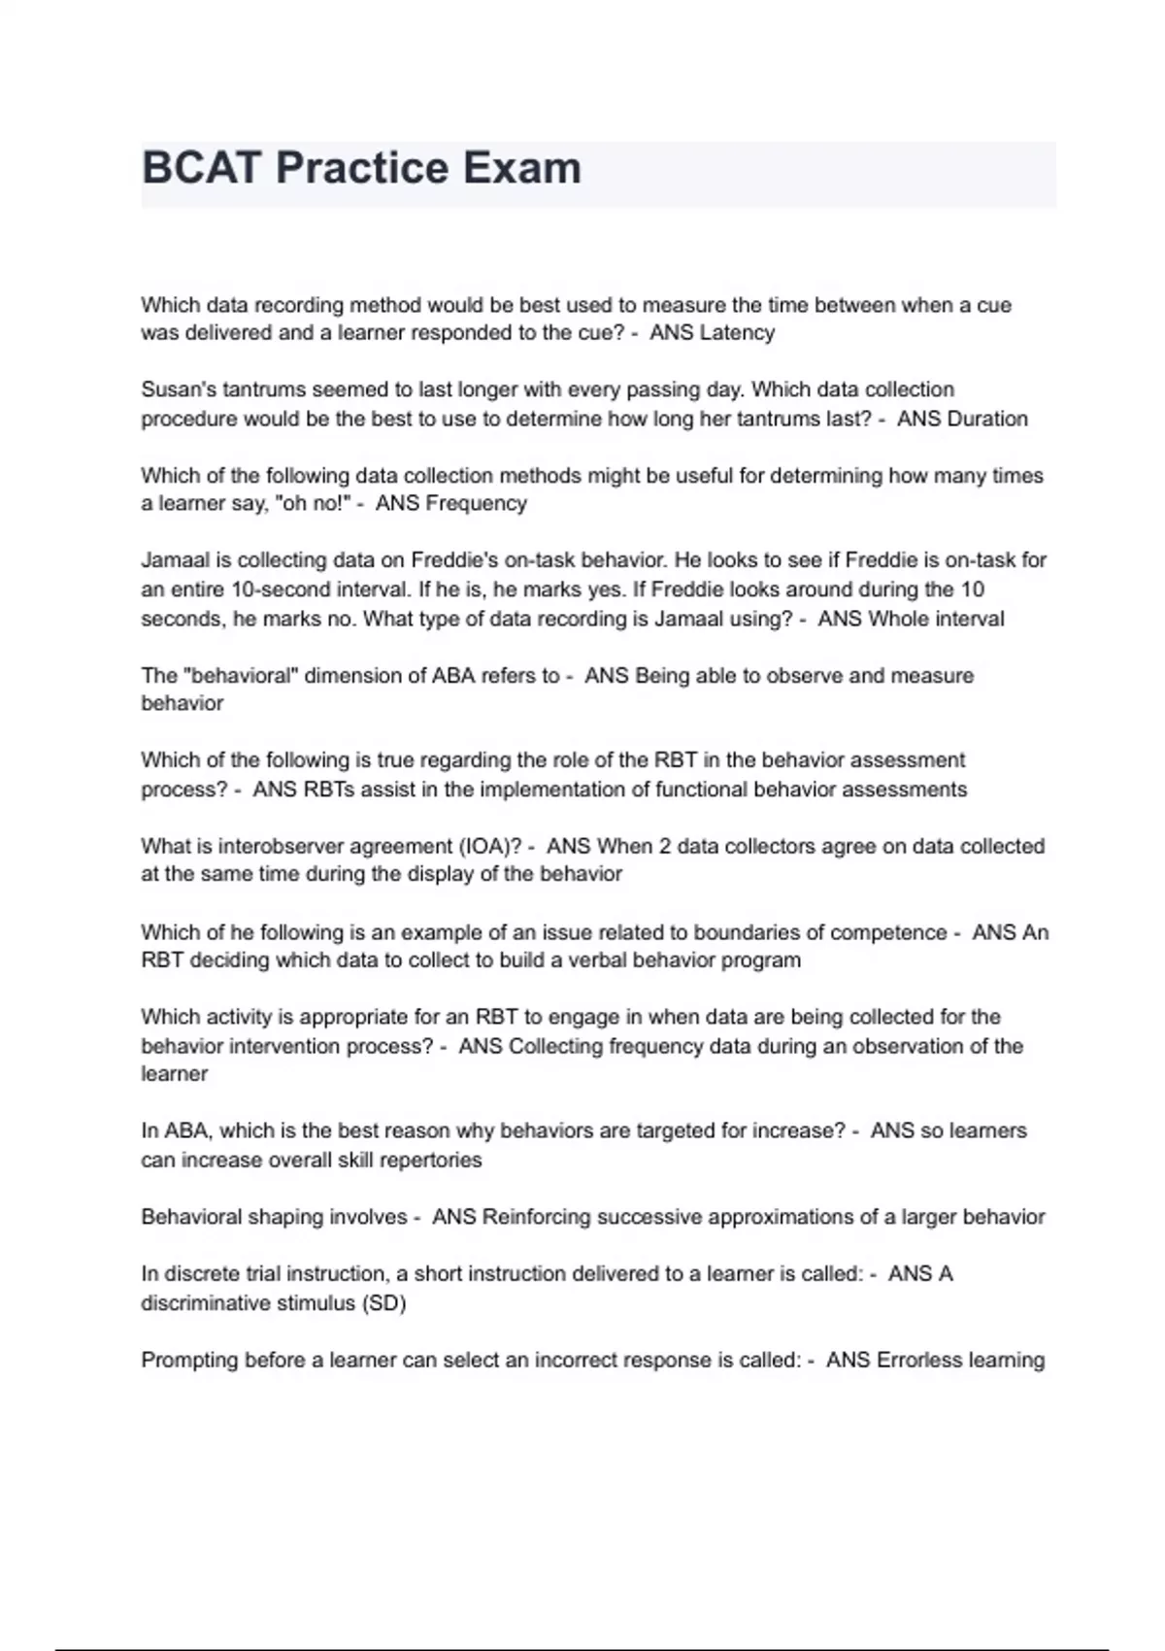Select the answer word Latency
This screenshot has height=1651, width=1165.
737,333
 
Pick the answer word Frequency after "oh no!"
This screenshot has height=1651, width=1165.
476,504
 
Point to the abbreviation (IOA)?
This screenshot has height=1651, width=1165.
491,847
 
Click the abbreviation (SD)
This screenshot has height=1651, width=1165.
383,1303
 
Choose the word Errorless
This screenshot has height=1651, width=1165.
917,1361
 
